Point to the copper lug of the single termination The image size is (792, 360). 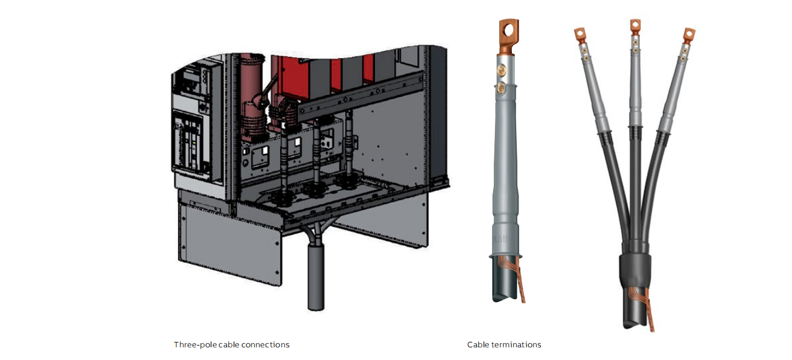[x=508, y=36]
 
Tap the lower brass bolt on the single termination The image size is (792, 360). [x=500, y=88]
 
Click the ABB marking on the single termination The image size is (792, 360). [x=500, y=239]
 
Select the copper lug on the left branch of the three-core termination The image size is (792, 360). [x=580, y=36]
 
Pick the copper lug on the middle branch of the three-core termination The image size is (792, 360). [x=636, y=27]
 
